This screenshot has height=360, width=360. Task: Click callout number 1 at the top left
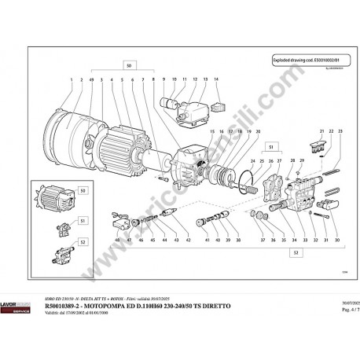click(72, 81)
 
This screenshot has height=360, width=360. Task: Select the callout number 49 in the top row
click(92, 81)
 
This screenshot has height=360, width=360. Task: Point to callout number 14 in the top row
click(216, 81)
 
